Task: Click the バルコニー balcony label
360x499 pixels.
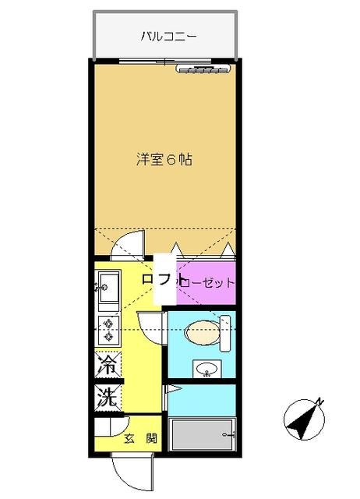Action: click(168, 36)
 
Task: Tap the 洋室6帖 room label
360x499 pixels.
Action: click(164, 160)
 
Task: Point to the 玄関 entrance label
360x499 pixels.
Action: click(140, 439)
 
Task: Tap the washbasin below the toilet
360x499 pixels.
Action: click(206, 367)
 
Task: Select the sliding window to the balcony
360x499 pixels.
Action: click(164, 62)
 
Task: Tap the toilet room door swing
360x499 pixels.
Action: click(151, 324)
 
